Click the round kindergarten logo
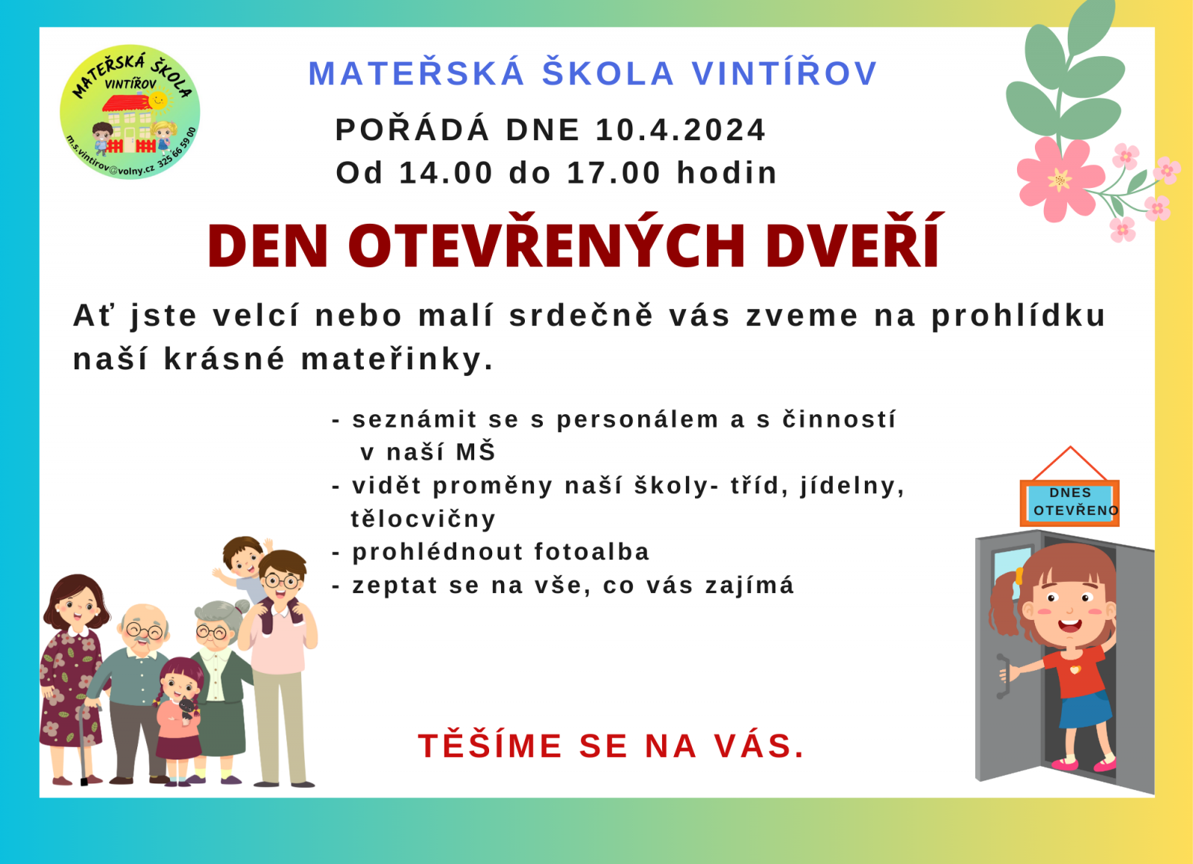[130, 112]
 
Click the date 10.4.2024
[680, 130]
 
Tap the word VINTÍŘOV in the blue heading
[784, 73]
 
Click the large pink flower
[1060, 179]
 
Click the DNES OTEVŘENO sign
[1069, 502]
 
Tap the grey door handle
[1003, 676]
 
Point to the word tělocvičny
[424, 519]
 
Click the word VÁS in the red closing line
[759, 745]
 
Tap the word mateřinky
[397, 359]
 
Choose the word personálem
[638, 420]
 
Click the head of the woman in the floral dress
[78, 601]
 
